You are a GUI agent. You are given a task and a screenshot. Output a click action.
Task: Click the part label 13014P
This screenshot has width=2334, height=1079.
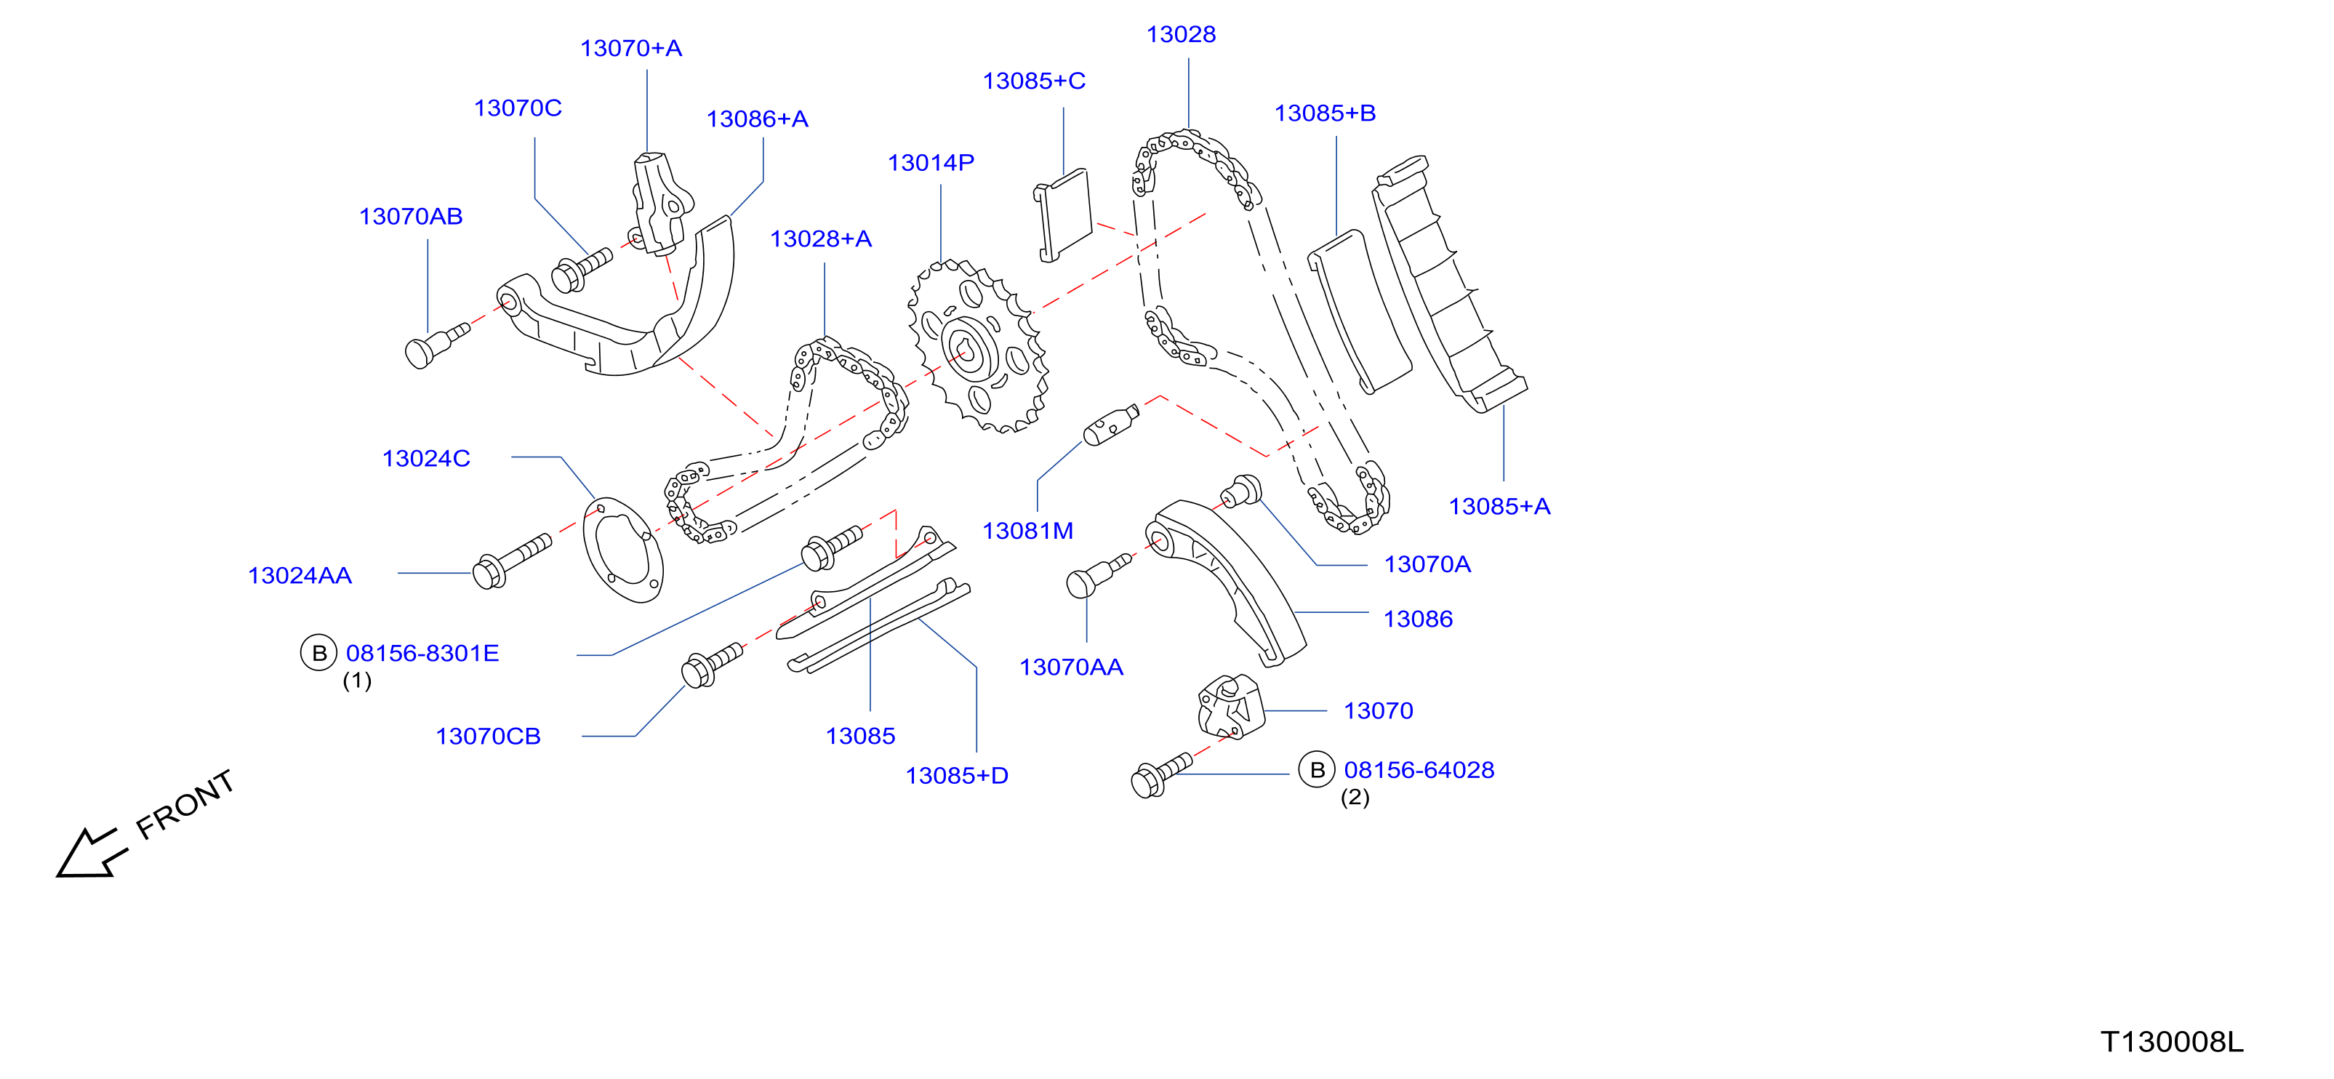(931, 163)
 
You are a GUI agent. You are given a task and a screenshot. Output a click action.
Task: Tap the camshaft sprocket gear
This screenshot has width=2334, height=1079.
(979, 347)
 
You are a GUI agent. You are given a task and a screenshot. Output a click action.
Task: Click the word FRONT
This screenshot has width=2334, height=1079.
(185, 803)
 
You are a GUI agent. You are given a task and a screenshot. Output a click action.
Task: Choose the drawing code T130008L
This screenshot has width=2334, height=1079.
(2172, 1042)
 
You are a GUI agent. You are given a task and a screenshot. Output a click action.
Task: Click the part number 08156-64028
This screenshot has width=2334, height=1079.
(1419, 770)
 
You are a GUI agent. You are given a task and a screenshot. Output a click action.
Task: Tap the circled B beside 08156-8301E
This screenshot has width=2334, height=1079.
(319, 653)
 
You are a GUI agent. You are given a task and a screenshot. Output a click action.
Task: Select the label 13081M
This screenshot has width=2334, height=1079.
(1027, 531)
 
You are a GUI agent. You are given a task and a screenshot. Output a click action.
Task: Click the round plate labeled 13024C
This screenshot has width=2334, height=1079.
(622, 549)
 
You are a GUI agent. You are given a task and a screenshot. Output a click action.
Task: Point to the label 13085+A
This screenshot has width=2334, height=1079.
(1499, 507)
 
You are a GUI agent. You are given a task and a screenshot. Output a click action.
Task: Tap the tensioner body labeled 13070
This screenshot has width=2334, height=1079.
(1230, 707)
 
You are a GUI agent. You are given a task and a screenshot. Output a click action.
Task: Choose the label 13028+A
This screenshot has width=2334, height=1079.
(821, 239)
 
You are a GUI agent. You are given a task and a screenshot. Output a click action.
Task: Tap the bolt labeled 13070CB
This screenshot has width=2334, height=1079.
(712, 665)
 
